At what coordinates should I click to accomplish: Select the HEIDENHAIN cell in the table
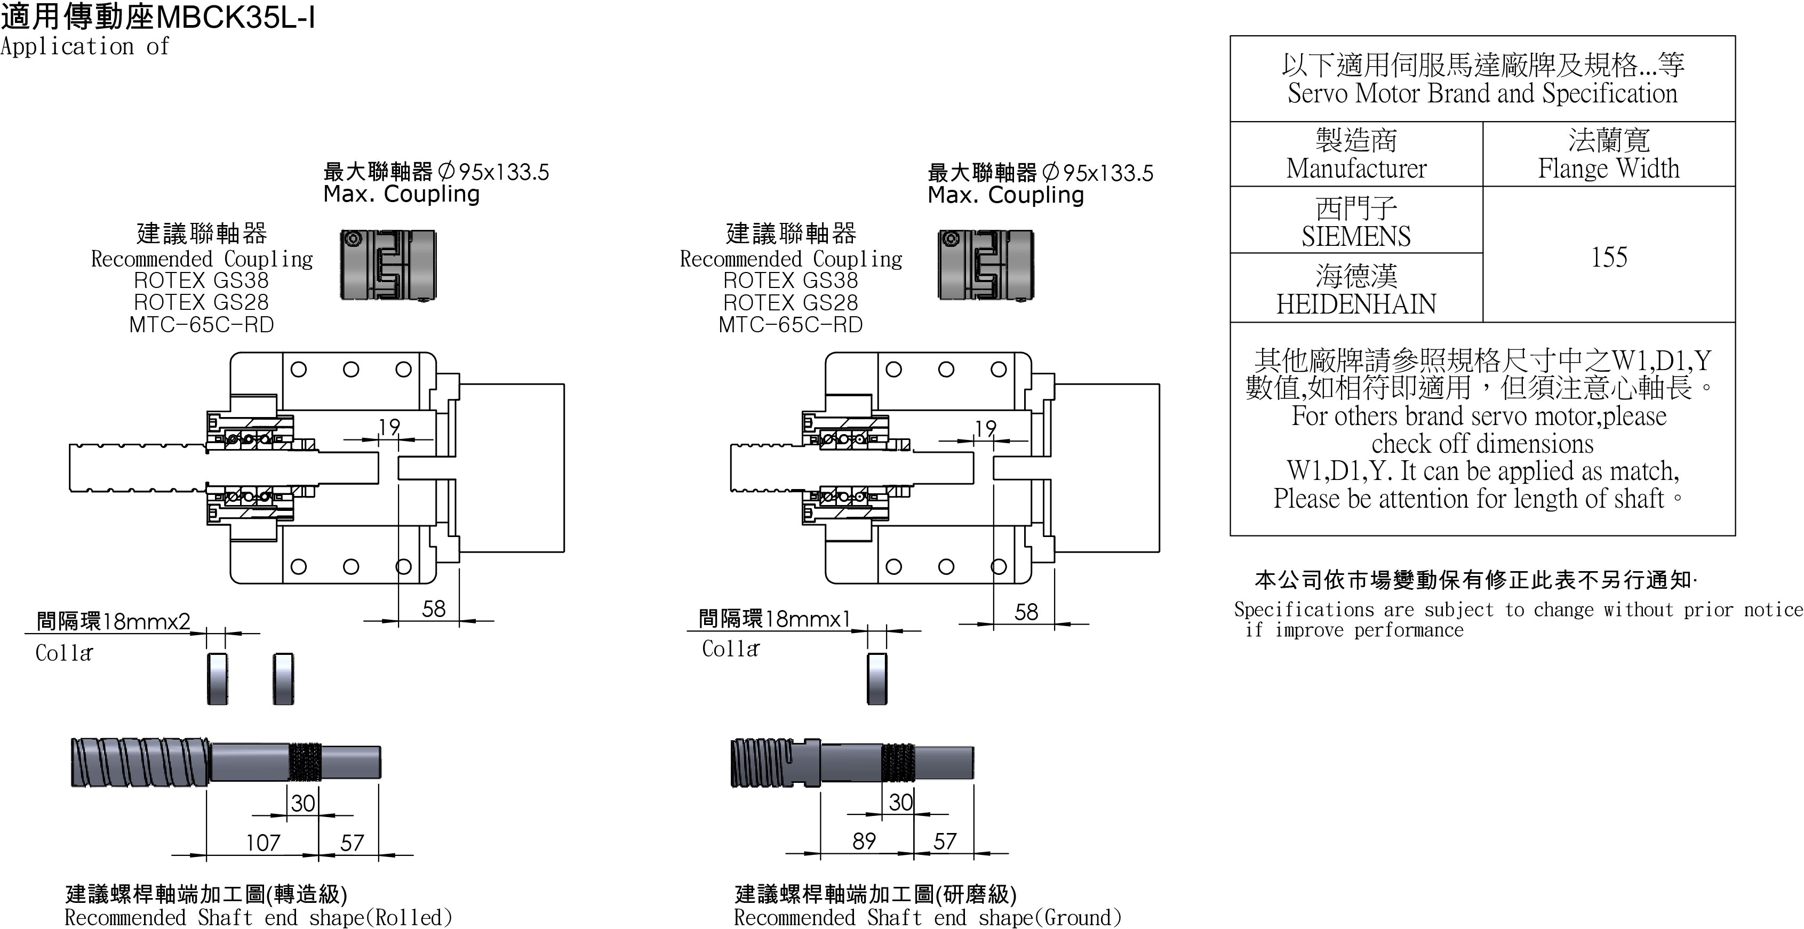click(1356, 289)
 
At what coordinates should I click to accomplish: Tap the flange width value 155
click(1609, 257)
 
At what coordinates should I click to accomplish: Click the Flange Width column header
click(1609, 155)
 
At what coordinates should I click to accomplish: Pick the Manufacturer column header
click(1356, 155)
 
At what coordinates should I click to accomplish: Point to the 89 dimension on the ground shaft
click(864, 841)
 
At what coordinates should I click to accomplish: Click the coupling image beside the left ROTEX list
click(388, 265)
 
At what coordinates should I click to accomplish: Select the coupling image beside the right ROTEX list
click(985, 265)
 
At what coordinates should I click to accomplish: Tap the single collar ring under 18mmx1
click(877, 678)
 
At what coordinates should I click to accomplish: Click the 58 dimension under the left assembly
click(434, 608)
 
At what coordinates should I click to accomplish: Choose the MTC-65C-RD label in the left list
click(202, 325)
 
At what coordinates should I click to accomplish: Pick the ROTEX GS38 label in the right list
click(791, 281)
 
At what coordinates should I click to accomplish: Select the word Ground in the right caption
click(1079, 917)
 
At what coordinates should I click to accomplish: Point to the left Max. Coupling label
click(401, 194)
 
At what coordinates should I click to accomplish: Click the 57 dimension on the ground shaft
click(945, 841)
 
